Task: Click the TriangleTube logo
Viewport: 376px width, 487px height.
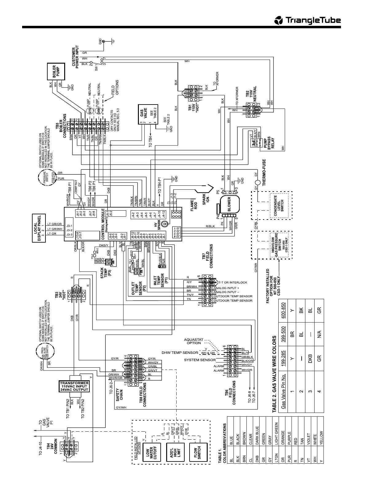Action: (x=307, y=20)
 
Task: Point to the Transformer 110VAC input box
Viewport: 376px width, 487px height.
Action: (x=74, y=386)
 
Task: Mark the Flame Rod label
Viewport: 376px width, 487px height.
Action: (x=194, y=205)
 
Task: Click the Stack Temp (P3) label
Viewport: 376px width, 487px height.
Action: (x=104, y=273)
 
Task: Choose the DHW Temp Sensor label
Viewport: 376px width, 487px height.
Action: (x=180, y=353)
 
